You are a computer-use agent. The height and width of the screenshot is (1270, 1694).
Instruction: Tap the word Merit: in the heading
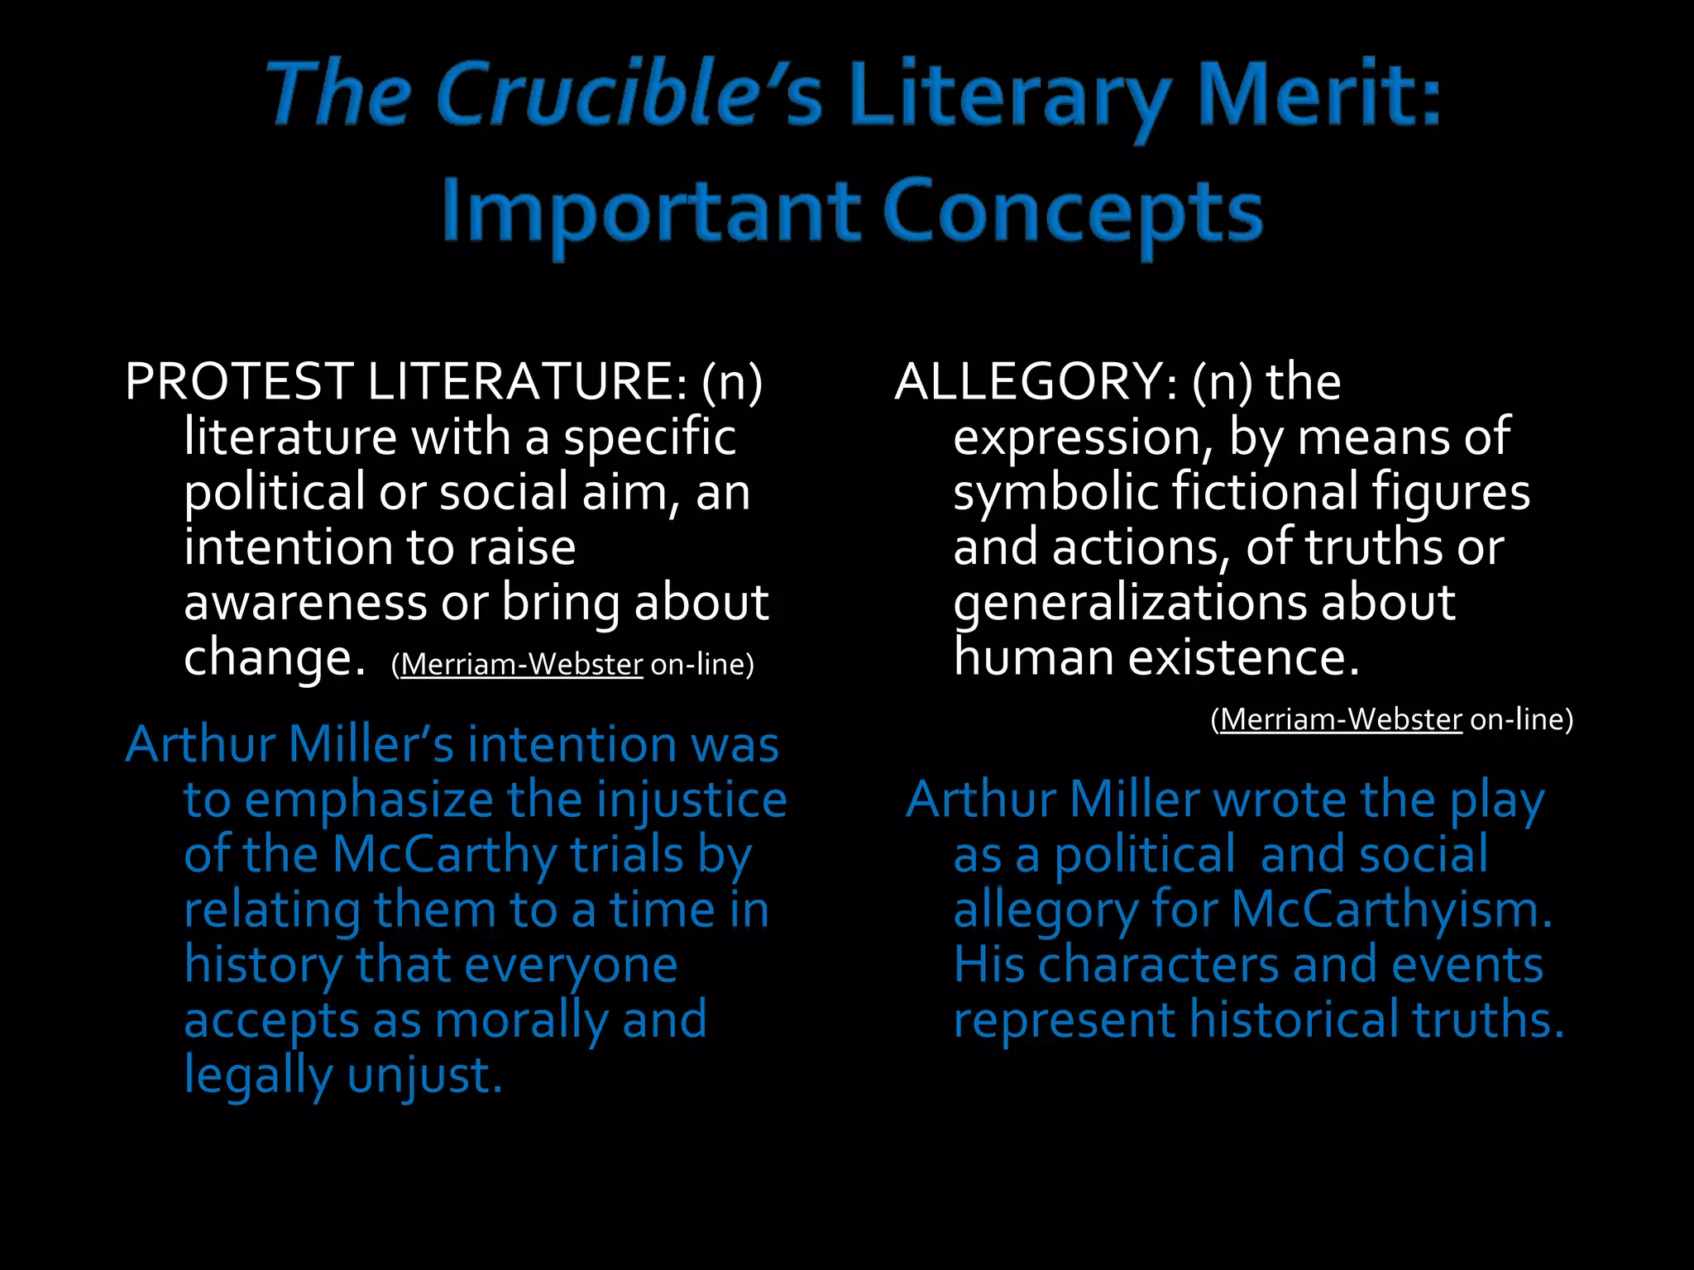(1319, 95)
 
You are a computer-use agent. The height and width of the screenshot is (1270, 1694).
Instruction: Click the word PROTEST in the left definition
(239, 382)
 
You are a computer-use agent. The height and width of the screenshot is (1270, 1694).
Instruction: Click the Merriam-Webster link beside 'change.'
(521, 665)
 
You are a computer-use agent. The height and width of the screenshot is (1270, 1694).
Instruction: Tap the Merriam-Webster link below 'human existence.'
(1341, 720)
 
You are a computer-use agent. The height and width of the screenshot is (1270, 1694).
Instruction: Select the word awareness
(305, 602)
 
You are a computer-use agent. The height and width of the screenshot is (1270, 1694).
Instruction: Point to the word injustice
(691, 800)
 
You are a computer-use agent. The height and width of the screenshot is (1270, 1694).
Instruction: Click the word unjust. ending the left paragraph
(424, 1075)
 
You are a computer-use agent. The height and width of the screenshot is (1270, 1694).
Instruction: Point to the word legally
(257, 1075)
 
